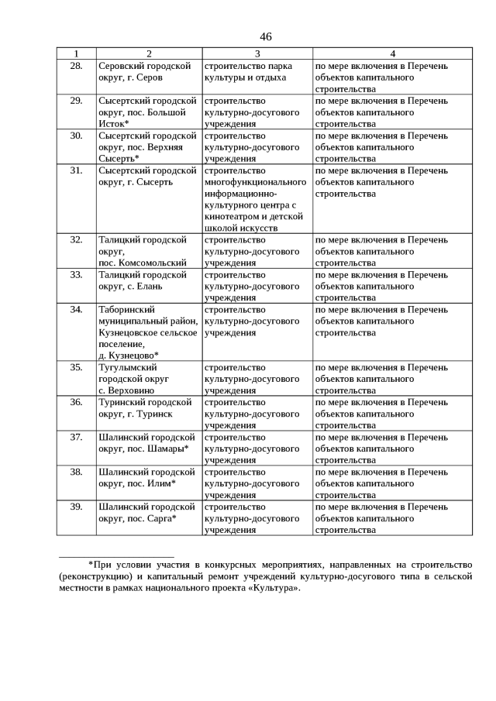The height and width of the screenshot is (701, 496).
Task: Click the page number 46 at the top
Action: pyautogui.click(x=266, y=36)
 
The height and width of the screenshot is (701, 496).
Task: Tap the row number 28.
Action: pyautogui.click(x=76, y=66)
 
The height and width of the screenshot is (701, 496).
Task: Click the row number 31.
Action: pyautogui.click(x=76, y=170)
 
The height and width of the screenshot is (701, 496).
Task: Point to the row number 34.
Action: pyautogui.click(x=76, y=310)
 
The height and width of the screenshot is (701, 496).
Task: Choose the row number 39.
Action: pyautogui.click(x=76, y=507)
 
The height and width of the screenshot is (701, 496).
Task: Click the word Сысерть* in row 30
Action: pyautogui.click(x=119, y=159)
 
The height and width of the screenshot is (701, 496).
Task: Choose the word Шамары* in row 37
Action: pyautogui.click(x=170, y=448)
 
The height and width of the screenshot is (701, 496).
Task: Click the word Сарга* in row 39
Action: pyautogui.click(x=164, y=518)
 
